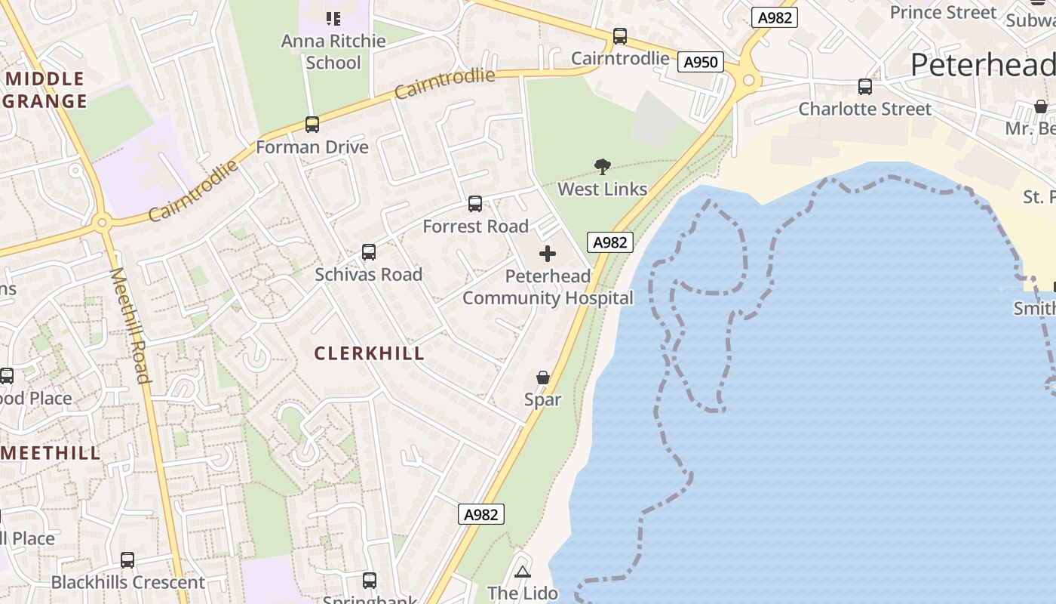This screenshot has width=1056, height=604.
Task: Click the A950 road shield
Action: click(700, 62)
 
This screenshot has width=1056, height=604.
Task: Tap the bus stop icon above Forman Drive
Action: click(312, 125)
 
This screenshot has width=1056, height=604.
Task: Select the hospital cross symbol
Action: click(548, 254)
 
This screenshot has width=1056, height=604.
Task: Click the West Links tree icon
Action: click(602, 166)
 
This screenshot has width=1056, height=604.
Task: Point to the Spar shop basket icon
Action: click(542, 377)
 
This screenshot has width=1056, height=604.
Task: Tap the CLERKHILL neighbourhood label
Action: click(369, 353)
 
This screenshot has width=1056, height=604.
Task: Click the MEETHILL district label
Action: click(51, 453)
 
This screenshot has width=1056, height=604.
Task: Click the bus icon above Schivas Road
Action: click(368, 252)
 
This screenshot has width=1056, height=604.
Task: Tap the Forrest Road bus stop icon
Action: click(474, 204)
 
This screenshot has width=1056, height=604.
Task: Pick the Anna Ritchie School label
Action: click(333, 51)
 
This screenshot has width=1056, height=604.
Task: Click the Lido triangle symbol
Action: click(522, 571)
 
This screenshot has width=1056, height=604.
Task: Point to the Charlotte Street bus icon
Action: click(864, 87)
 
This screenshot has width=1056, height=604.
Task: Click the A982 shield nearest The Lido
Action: click(480, 514)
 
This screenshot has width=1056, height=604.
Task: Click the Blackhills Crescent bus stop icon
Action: click(127, 560)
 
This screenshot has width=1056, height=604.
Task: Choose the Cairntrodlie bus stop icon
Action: click(619, 36)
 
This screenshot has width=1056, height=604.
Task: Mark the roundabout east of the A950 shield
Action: click(747, 79)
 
